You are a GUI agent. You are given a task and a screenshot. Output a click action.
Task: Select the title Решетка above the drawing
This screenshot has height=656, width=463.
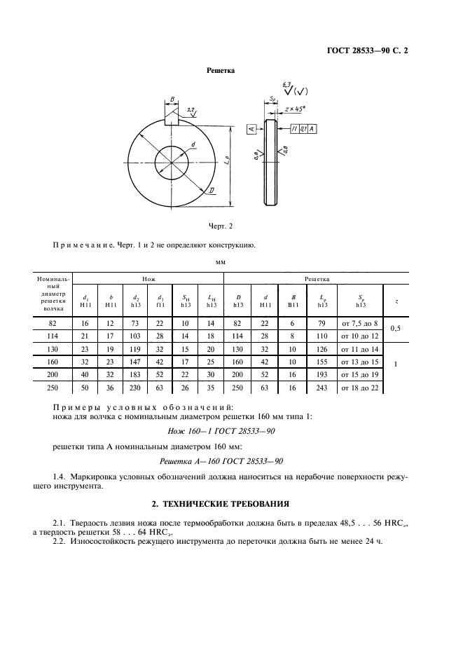[220, 70]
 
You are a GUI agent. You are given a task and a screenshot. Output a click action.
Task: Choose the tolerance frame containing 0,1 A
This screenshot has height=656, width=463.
[302, 129]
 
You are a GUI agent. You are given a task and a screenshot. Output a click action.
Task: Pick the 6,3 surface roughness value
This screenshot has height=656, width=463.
[286, 84]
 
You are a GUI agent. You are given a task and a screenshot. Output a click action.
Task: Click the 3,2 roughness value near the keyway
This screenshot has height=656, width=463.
[191, 110]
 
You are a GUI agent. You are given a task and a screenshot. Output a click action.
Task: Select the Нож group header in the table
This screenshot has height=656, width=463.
[148, 278]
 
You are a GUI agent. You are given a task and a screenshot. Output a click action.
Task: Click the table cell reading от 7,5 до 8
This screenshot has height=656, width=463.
[359, 323]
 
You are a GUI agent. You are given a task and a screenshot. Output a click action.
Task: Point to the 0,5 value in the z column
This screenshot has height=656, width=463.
[396, 329]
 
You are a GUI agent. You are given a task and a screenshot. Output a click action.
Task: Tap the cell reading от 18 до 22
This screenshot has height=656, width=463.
[359, 388]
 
